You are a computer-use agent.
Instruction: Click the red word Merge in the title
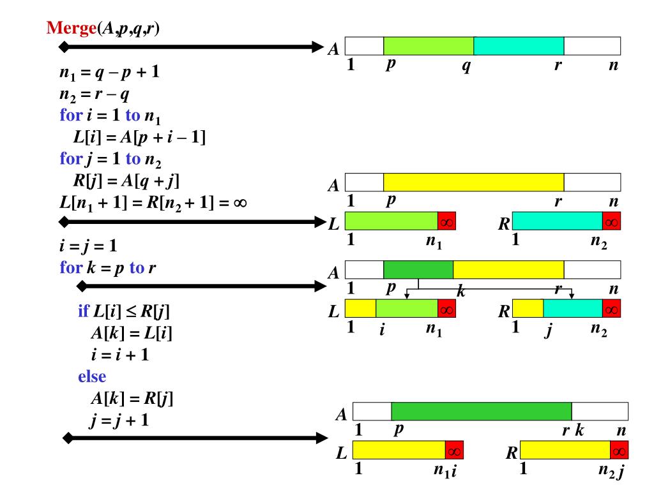pyautogui.click(x=70, y=28)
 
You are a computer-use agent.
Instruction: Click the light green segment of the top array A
pyautogui.click(x=429, y=46)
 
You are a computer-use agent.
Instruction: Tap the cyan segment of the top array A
pyautogui.click(x=519, y=46)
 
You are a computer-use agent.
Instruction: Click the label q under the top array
pyautogui.click(x=466, y=66)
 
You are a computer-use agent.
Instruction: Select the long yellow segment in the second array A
pyautogui.click(x=473, y=182)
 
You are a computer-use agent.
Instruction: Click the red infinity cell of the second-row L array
pyautogui.click(x=446, y=221)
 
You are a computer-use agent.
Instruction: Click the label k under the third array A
pyautogui.click(x=460, y=292)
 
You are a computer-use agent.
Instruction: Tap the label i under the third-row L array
pyautogui.click(x=381, y=331)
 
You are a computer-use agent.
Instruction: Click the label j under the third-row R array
pyautogui.click(x=547, y=331)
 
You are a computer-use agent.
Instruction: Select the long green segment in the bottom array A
pyautogui.click(x=481, y=412)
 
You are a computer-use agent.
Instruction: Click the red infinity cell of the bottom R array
pyautogui.click(x=620, y=450)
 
